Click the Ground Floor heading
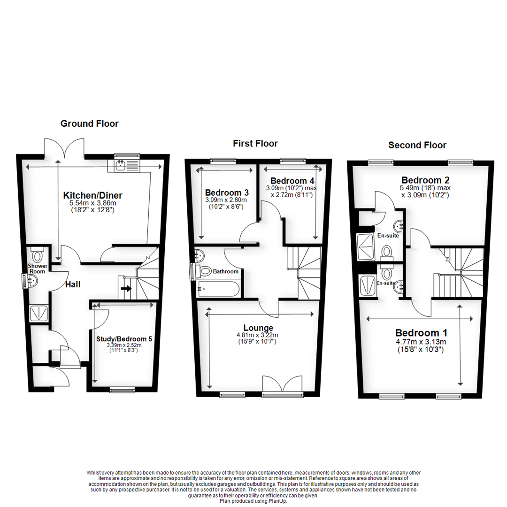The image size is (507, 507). click(x=89, y=124)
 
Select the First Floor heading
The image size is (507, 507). click(x=255, y=144)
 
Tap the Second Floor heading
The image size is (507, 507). click(x=417, y=145)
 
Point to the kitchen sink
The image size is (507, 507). click(x=121, y=164)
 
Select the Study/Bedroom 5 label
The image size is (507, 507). click(x=124, y=338)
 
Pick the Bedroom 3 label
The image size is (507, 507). click(x=227, y=192)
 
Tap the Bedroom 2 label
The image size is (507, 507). click(x=422, y=180)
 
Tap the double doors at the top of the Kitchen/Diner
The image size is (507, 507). click(x=66, y=146)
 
